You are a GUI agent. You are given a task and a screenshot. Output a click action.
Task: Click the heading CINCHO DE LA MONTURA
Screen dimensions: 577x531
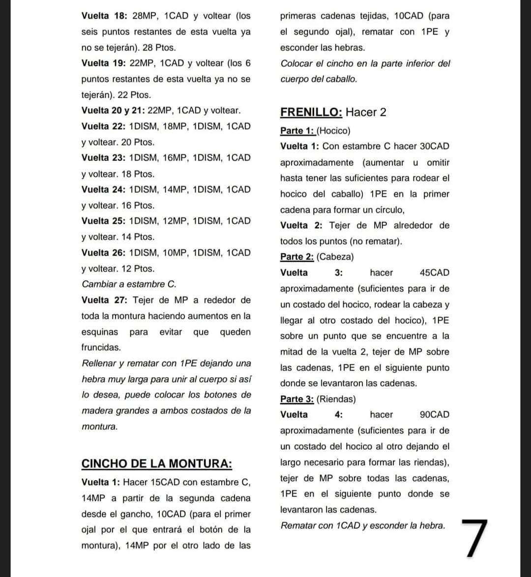pyautogui.click(x=156, y=464)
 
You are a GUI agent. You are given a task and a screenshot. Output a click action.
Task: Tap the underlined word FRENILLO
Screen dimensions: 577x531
pyautogui.click(x=311, y=112)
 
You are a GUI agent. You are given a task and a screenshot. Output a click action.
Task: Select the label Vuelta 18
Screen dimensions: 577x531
pyautogui.click(x=104, y=16)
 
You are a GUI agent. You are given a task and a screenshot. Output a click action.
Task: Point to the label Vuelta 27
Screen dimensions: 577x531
pyautogui.click(x=104, y=300)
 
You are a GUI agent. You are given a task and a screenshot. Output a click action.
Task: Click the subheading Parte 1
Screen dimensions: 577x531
pyautogui.click(x=297, y=131)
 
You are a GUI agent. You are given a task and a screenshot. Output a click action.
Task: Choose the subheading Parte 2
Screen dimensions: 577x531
pyautogui.click(x=297, y=257)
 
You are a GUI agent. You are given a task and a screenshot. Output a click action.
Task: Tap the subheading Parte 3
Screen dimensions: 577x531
pyautogui.click(x=297, y=399)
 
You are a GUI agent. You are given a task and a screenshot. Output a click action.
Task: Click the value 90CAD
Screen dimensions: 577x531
pyautogui.click(x=434, y=414)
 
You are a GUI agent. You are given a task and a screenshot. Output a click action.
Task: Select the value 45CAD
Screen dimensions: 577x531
pyautogui.click(x=434, y=273)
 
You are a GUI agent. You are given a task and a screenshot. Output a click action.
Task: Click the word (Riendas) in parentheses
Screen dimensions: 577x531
pyautogui.click(x=336, y=399)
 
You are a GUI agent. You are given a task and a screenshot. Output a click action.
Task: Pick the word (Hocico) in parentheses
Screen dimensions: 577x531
pyautogui.click(x=333, y=131)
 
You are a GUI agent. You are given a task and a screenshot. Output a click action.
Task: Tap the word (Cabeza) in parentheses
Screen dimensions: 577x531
pyautogui.click(x=335, y=257)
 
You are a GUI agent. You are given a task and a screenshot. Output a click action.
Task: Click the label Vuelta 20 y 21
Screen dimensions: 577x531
pyautogui.click(x=112, y=110)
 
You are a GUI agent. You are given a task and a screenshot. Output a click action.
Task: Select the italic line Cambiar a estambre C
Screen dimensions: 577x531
pyautogui.click(x=129, y=284)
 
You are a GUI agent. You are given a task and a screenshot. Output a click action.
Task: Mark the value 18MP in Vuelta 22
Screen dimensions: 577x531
pyautogui.click(x=176, y=126)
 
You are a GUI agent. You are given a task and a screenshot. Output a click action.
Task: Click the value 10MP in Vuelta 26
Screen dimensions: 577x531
pyautogui.click(x=176, y=252)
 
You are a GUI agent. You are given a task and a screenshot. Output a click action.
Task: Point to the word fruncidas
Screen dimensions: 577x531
pyautogui.click(x=101, y=347)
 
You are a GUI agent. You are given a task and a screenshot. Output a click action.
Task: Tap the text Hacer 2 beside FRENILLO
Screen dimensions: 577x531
pyautogui.click(x=366, y=112)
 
